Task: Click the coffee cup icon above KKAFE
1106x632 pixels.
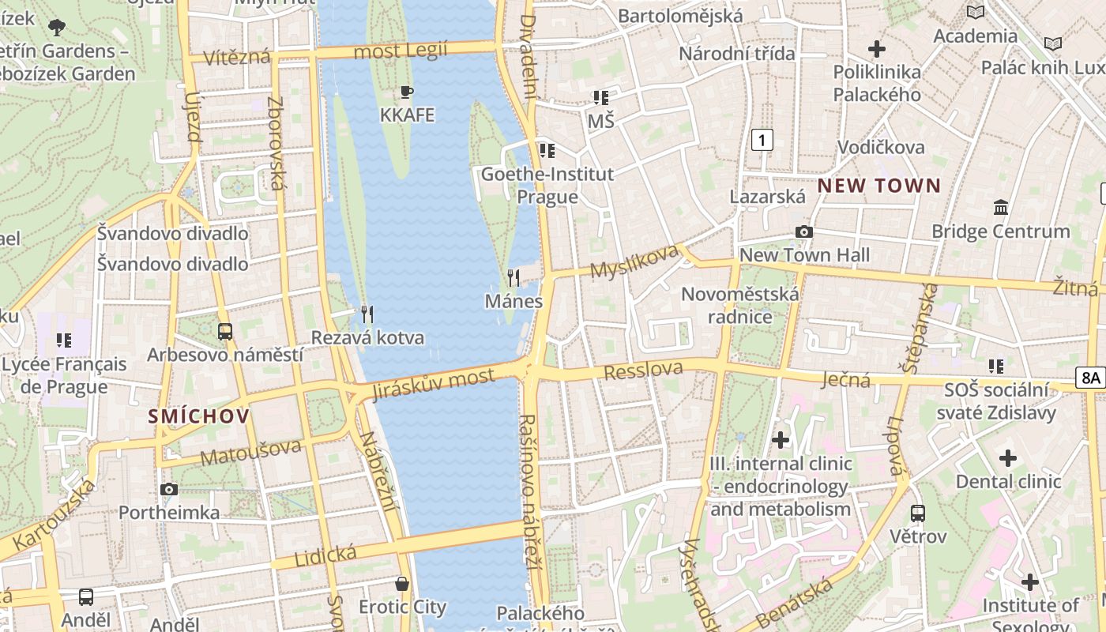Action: click(407, 92)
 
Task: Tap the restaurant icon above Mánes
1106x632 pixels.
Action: click(513, 277)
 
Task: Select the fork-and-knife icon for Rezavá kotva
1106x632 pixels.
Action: click(367, 314)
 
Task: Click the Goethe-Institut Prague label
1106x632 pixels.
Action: click(547, 185)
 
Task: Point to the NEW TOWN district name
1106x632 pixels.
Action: click(878, 186)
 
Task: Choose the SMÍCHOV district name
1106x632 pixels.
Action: click(198, 416)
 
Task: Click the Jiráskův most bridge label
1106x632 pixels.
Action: click(434, 385)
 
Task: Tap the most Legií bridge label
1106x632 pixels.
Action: click(401, 51)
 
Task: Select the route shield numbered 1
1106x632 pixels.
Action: click(762, 141)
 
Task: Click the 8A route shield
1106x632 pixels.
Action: click(1090, 378)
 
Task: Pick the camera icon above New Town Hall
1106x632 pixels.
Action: click(803, 231)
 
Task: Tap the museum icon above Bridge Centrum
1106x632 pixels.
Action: click(1001, 208)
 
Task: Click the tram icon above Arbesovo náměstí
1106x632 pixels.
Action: click(225, 331)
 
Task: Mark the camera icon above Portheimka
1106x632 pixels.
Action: click(168, 489)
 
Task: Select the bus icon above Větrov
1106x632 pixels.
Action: click(918, 513)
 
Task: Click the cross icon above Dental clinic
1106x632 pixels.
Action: click(1008, 457)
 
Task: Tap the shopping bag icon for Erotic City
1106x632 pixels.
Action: click(402, 584)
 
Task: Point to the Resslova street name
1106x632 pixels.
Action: click(643, 370)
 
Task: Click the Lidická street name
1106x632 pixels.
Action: click(325, 555)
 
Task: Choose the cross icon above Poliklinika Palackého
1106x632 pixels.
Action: click(877, 49)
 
